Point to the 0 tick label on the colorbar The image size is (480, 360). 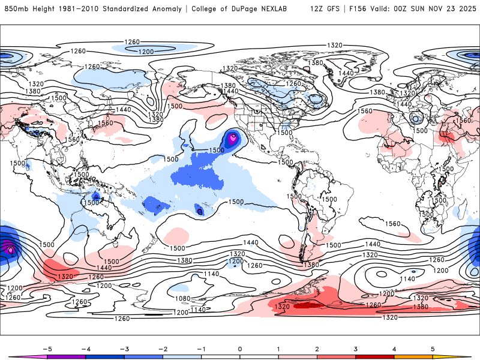click(x=240, y=349)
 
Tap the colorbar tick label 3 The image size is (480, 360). click(x=356, y=349)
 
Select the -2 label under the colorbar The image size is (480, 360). click(x=162, y=349)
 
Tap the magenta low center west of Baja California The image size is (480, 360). click(x=233, y=138)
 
